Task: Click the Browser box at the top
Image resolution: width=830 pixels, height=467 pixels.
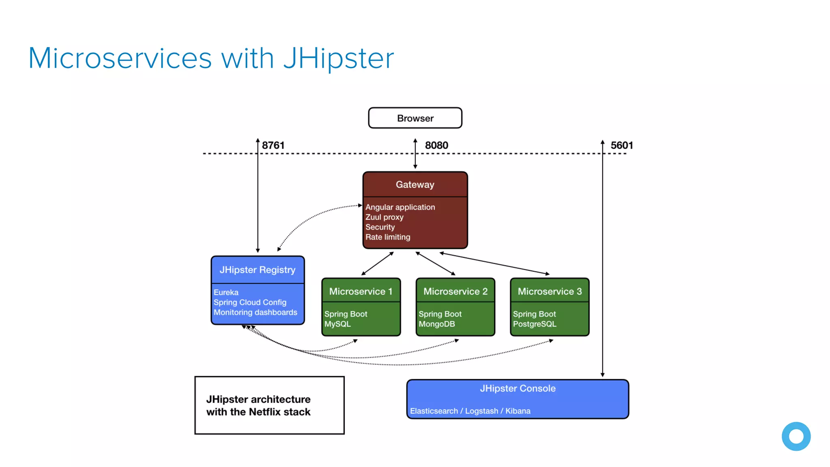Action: point(415,118)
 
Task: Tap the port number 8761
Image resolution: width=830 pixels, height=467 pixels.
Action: point(273,145)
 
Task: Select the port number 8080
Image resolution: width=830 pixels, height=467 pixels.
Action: point(436,145)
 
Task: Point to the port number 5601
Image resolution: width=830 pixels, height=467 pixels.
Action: point(622,145)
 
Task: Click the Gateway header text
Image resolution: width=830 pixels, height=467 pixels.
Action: point(415,184)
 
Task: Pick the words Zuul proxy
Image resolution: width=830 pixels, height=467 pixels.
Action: point(384,217)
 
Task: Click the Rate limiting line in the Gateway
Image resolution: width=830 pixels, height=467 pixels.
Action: point(388,237)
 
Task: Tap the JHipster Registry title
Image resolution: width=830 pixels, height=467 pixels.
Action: point(257,270)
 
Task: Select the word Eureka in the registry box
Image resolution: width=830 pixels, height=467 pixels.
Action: point(226,292)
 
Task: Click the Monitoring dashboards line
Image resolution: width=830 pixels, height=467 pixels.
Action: point(255,313)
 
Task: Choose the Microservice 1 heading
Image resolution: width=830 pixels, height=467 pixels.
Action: point(361,291)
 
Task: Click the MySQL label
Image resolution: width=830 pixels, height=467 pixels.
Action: point(338,324)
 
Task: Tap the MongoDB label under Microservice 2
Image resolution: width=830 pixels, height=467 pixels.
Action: point(437,324)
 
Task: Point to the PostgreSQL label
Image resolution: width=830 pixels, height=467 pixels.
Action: point(535,324)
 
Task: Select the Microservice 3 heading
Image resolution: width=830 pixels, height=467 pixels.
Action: point(550,291)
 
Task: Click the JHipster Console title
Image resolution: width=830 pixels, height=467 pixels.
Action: point(518,388)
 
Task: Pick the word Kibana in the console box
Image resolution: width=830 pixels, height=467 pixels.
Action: point(518,411)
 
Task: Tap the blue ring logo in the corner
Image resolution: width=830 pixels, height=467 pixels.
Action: point(796,436)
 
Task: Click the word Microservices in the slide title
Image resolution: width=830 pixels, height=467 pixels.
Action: point(120,58)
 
